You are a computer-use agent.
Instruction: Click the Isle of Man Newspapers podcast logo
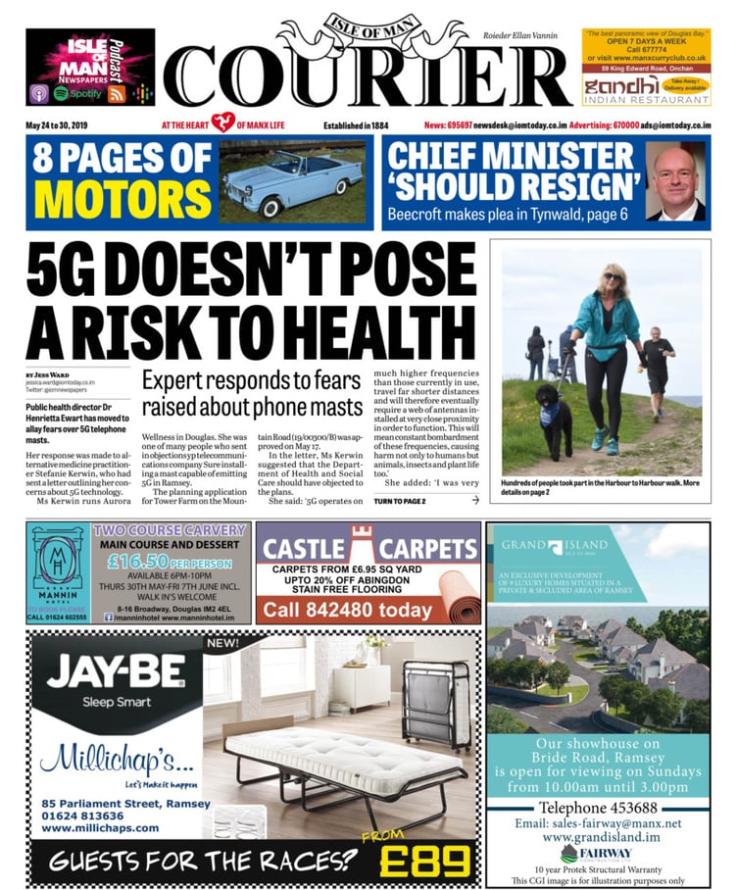coord(90,67)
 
